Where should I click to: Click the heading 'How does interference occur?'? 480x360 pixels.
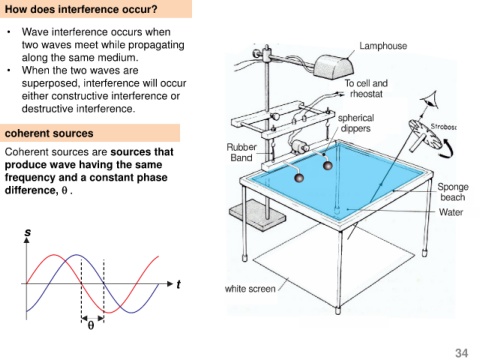click(81, 9)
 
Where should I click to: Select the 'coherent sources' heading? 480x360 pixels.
click(49, 133)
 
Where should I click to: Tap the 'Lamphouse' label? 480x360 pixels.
click(383, 46)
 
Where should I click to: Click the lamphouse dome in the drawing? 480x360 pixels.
click(334, 65)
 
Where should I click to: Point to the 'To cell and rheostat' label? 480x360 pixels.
click(366, 88)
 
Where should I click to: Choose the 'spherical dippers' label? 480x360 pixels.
click(356, 123)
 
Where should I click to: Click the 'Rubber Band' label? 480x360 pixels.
click(241, 152)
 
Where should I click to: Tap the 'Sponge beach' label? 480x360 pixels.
click(453, 192)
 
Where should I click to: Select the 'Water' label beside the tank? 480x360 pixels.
click(451, 212)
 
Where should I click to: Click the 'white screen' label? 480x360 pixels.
click(250, 288)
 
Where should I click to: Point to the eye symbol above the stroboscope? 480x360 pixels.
click(429, 100)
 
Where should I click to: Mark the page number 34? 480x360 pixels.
click(461, 353)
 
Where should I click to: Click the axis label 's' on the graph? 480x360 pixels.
click(28, 231)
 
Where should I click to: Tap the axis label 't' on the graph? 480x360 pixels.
click(178, 284)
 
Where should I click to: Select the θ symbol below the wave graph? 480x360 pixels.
click(91, 325)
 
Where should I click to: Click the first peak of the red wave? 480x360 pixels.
click(54, 255)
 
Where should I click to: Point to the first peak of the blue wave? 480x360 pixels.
click(77, 255)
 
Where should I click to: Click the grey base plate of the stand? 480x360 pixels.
click(257, 214)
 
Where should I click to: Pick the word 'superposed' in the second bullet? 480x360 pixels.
click(50, 83)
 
